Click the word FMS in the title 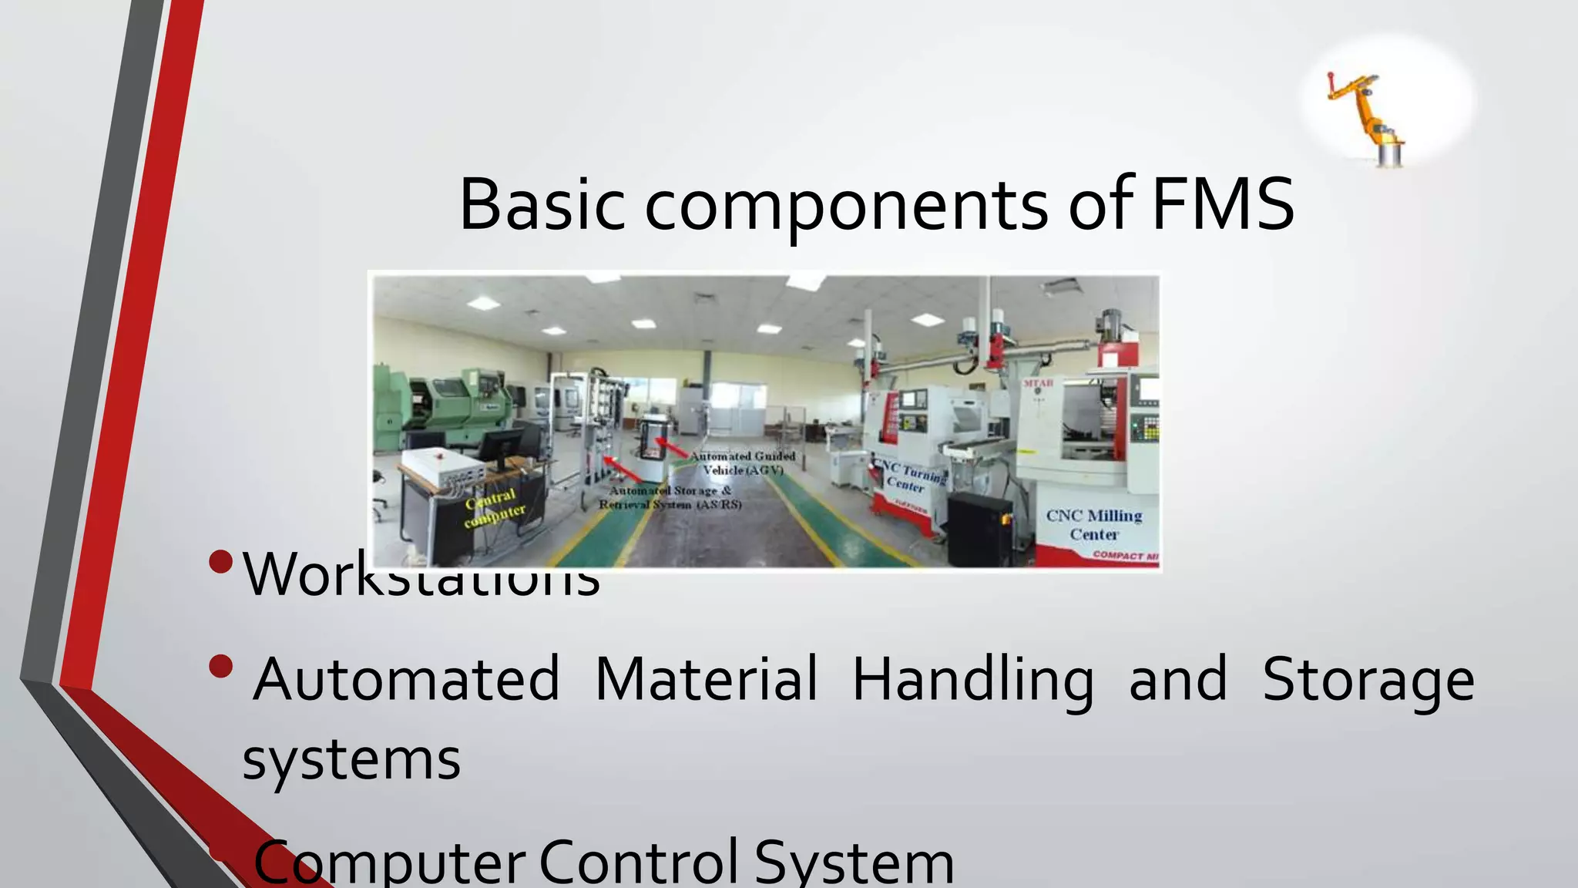(1222, 204)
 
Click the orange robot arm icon (1368, 116)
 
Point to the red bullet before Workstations (220, 561)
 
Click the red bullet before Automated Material (220, 666)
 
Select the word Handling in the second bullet (972, 681)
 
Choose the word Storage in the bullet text (1368, 681)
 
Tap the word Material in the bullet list (706, 679)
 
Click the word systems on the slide (351, 760)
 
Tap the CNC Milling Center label (1093, 524)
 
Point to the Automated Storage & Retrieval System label (670, 497)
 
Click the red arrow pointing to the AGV (673, 448)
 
